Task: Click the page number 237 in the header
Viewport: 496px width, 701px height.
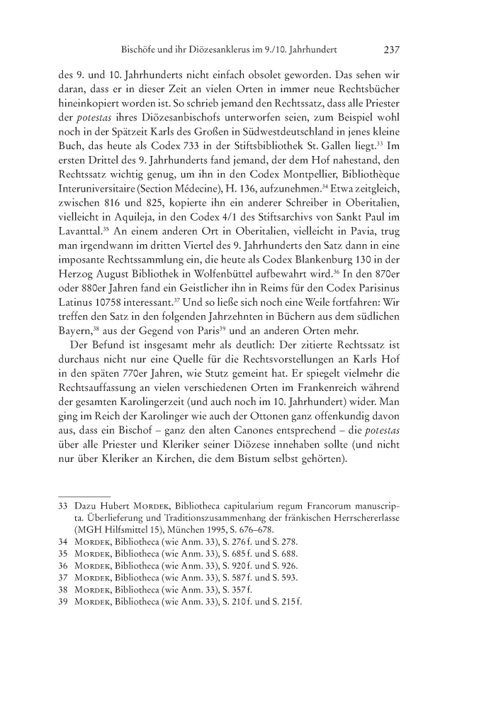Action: pos(392,50)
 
